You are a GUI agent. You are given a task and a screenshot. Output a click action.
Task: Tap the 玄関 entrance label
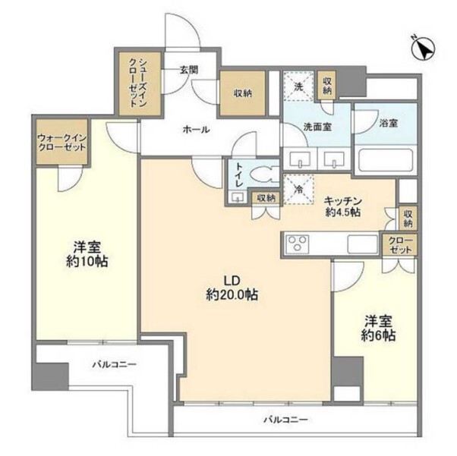tap(190, 71)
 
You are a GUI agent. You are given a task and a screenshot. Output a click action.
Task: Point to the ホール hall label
tap(196, 130)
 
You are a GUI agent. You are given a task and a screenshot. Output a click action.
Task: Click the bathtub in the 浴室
tap(384, 161)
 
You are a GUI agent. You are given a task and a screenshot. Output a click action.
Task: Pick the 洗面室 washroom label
tap(317, 127)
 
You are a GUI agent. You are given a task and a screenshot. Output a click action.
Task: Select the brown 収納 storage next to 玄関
tap(243, 94)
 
